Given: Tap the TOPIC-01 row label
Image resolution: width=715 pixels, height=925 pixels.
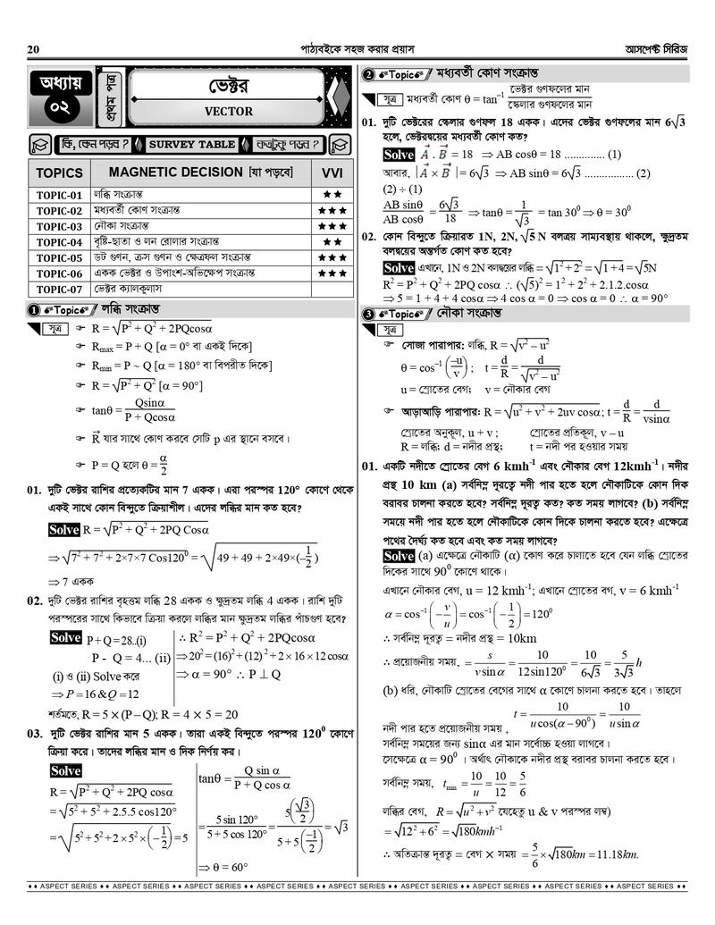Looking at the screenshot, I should [x=60, y=195].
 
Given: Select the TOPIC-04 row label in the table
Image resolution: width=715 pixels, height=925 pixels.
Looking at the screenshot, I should [x=60, y=242].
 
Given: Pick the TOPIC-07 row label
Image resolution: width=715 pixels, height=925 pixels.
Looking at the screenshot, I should [x=60, y=290].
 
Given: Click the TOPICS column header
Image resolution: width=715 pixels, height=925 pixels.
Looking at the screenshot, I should [x=60, y=172].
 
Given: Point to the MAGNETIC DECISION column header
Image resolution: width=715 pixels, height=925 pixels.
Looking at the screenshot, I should [x=200, y=172].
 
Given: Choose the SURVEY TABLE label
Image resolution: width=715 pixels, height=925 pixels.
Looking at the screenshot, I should [x=192, y=144].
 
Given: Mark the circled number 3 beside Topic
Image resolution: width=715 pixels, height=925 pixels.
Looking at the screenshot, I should [x=367, y=315].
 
